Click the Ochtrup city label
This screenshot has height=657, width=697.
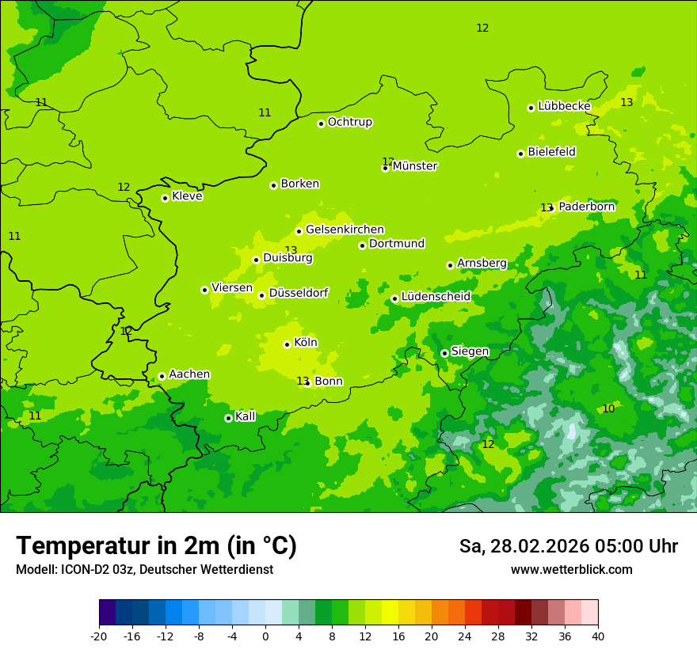click(349, 122)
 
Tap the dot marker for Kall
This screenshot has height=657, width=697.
click(228, 418)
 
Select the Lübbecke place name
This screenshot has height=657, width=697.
click(564, 106)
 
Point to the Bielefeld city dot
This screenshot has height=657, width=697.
click(520, 154)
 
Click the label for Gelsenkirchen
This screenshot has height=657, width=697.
click(345, 230)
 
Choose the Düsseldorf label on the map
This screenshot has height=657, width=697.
click(298, 293)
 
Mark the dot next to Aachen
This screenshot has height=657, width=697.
click(162, 376)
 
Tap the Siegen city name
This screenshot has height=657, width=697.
click(470, 351)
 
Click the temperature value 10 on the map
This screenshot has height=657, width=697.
click(608, 408)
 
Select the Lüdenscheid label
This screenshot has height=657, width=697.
click(436, 297)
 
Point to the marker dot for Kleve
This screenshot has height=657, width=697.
click(165, 198)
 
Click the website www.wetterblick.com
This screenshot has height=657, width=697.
click(571, 569)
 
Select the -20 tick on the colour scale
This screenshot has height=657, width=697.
click(99, 636)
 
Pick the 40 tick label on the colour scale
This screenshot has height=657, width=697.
click(598, 636)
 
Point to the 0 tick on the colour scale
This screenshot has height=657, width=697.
click(265, 636)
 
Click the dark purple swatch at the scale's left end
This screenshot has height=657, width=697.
click(107, 613)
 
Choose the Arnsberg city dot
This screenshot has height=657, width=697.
click(450, 265)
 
